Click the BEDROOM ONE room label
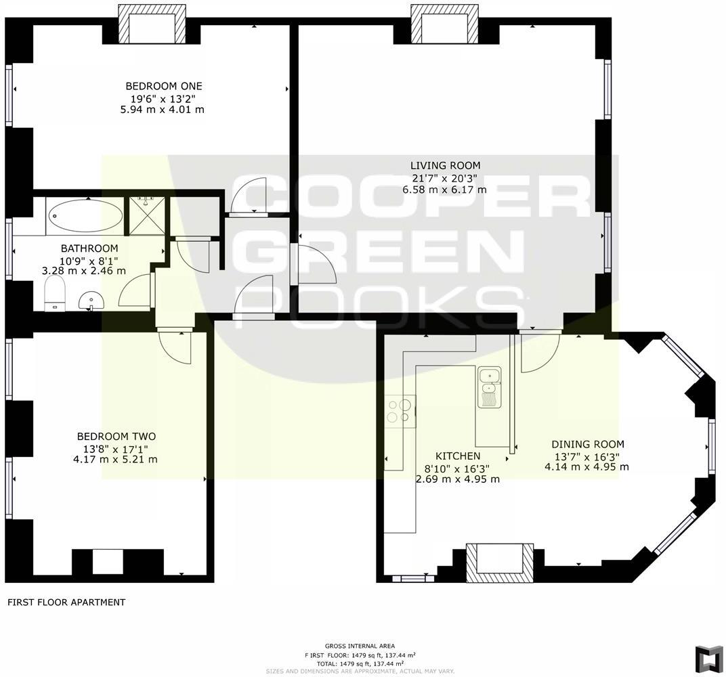click(164, 86)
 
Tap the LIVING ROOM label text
click(445, 165)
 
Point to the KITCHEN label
click(458, 456)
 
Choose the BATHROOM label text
click(89, 248)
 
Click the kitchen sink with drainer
click(488, 387)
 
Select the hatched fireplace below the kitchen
click(500, 563)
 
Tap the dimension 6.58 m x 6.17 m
click(445, 190)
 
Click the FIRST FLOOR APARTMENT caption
click(66, 602)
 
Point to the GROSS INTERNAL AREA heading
click(360, 646)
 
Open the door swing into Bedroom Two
click(175, 347)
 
